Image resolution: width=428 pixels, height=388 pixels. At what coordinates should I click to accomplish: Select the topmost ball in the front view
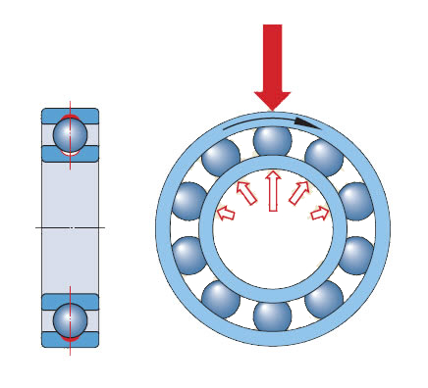click(x=273, y=140)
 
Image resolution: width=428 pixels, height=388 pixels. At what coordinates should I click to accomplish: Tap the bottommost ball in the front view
click(x=273, y=315)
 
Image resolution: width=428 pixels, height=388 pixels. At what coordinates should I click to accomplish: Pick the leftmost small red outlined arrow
click(x=226, y=212)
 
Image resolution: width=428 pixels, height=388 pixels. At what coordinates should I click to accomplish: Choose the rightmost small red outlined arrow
click(x=319, y=213)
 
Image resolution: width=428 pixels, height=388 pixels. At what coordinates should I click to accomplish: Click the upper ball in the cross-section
click(x=70, y=132)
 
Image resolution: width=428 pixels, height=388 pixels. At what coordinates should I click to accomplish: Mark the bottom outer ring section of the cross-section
click(x=70, y=340)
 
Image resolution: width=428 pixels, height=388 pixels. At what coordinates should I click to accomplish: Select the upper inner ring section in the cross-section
click(x=70, y=154)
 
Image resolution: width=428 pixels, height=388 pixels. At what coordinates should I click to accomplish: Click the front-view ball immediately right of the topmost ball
click(x=324, y=157)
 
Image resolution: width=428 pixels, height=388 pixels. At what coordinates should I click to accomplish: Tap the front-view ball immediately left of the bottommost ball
click(x=221, y=298)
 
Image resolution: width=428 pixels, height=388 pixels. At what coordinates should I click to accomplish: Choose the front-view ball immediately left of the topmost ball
click(x=221, y=157)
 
